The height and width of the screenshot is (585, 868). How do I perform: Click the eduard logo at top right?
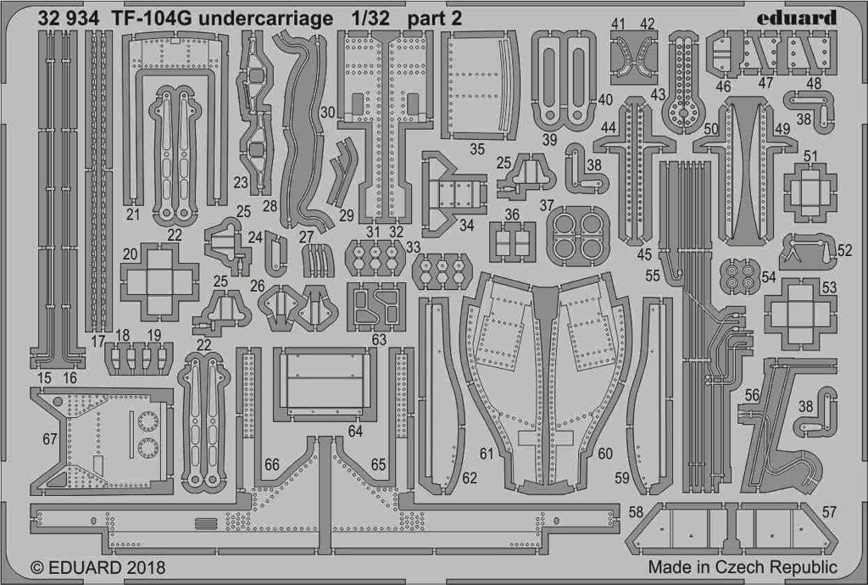click(796, 18)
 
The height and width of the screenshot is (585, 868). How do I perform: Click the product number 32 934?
click(69, 19)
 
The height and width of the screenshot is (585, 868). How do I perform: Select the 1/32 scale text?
click(370, 19)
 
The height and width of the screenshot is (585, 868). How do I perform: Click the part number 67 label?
click(50, 439)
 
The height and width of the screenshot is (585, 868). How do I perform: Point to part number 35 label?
click(477, 149)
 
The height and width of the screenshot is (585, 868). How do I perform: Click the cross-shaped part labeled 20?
click(159, 281)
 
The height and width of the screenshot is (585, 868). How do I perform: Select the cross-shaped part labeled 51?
click(810, 192)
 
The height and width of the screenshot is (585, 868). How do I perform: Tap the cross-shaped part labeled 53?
click(800, 315)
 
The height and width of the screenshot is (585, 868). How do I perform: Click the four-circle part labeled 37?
click(578, 235)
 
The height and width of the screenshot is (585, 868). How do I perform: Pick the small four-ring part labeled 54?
click(739, 276)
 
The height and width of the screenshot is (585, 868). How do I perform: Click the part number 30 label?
click(328, 113)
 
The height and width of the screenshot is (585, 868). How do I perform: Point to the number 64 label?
click(355, 431)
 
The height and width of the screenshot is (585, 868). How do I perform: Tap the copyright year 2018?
click(146, 568)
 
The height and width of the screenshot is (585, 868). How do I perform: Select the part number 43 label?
click(658, 94)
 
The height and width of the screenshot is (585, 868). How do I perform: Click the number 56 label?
click(752, 395)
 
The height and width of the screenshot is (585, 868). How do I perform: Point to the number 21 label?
click(133, 214)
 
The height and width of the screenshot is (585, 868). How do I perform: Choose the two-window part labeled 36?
click(513, 242)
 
